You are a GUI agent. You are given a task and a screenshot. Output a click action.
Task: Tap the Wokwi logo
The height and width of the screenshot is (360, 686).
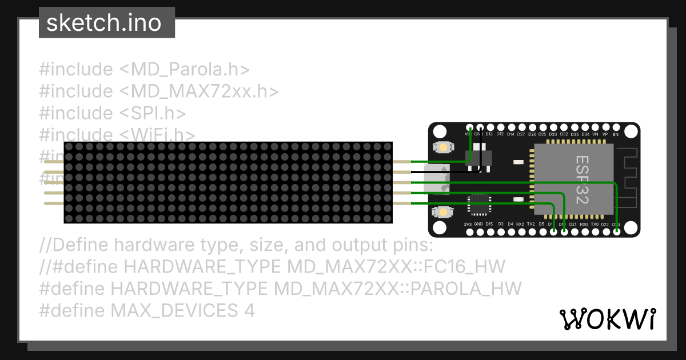[608, 319]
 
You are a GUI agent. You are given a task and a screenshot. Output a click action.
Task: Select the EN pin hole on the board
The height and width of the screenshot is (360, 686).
[616, 127]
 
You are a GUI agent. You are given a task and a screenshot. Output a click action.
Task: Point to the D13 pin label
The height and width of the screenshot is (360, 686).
[489, 134]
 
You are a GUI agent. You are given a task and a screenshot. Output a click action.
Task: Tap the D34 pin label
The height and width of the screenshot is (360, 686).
[585, 134]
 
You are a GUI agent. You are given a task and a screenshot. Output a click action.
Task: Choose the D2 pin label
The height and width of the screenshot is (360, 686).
[501, 224]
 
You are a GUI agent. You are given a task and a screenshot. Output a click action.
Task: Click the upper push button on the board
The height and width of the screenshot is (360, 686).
[443, 147]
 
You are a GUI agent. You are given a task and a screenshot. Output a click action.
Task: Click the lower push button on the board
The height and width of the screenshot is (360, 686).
[443, 213]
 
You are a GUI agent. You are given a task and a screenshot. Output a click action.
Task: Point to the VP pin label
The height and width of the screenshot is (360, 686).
[605, 134]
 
